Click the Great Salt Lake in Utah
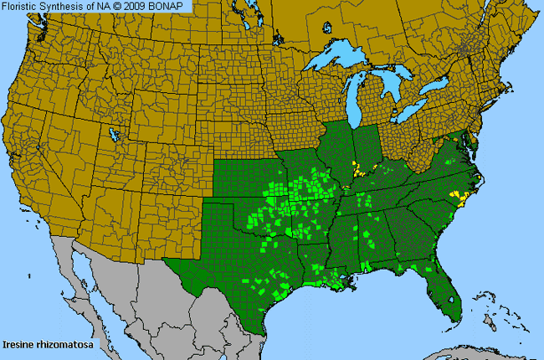coord(113,135)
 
